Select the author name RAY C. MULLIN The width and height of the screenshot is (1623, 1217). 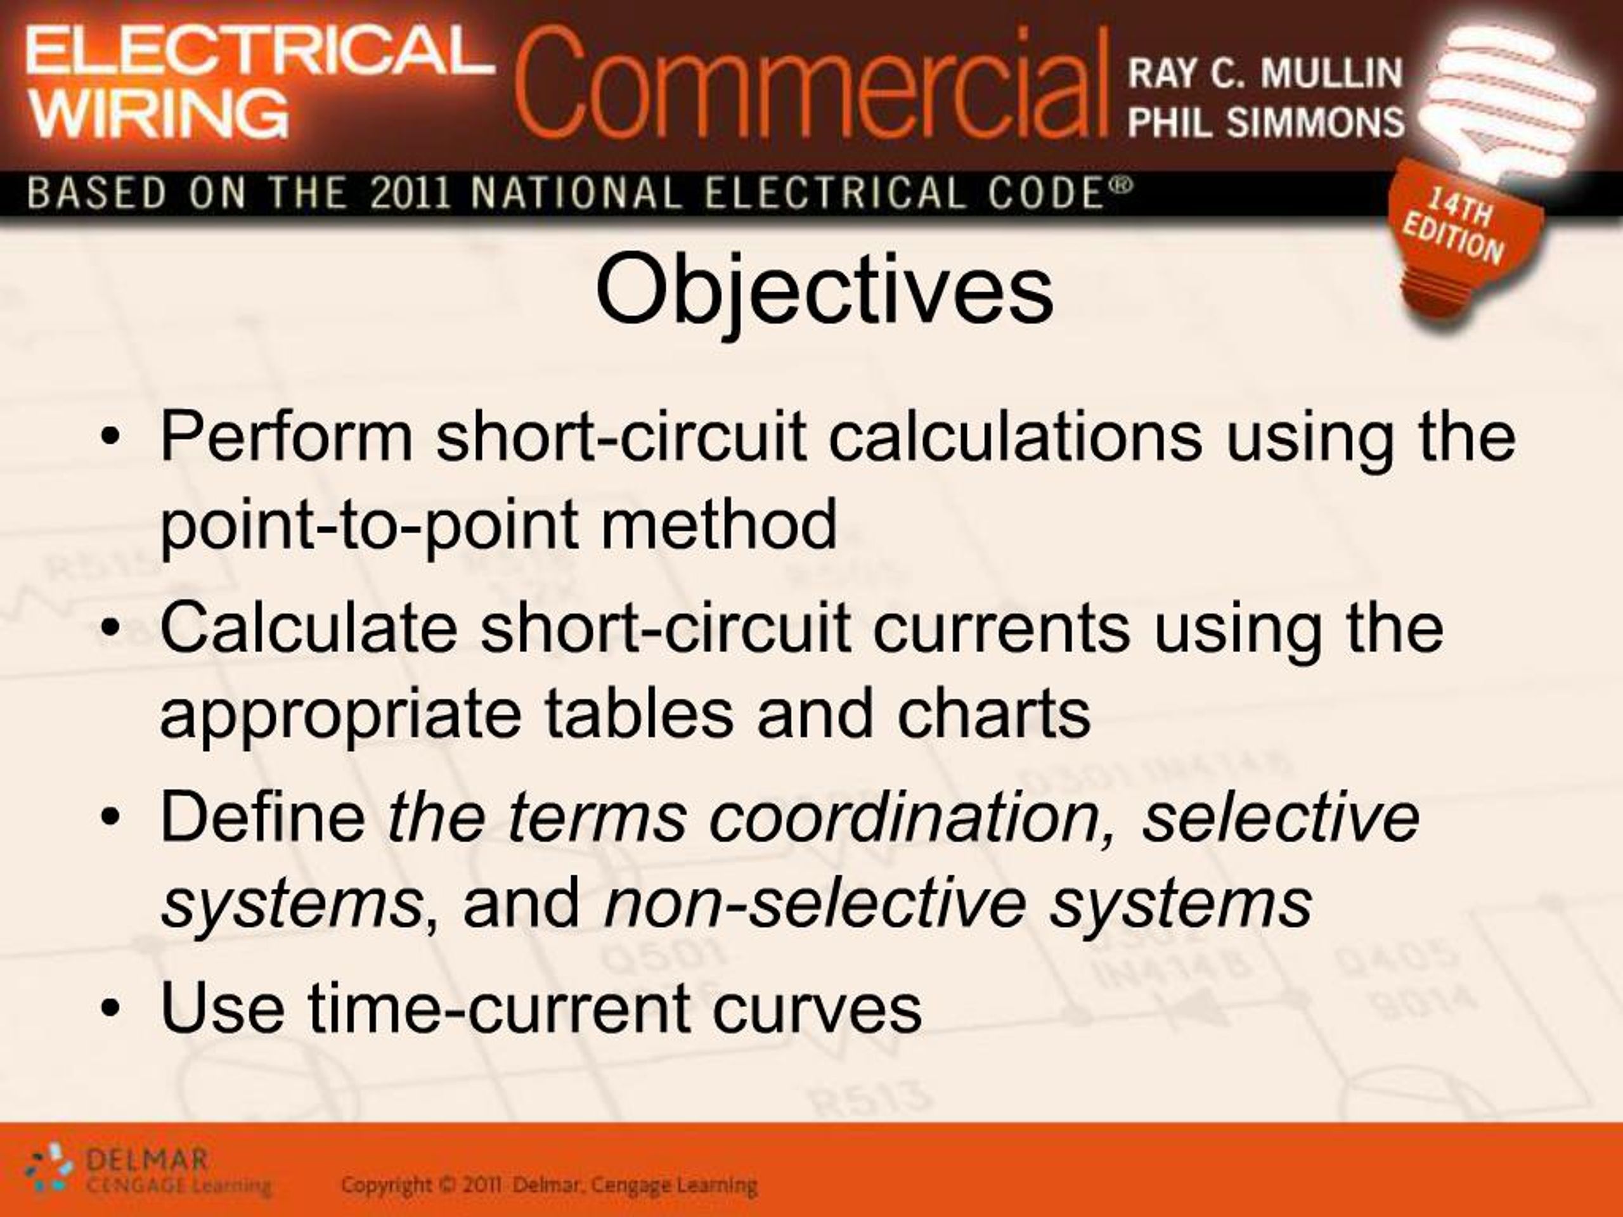[1265, 74]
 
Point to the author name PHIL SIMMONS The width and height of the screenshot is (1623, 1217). [1265, 122]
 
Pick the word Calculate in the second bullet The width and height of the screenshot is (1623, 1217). [308, 628]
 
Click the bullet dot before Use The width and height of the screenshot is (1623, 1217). [111, 1009]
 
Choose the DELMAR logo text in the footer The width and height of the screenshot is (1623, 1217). [146, 1161]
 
